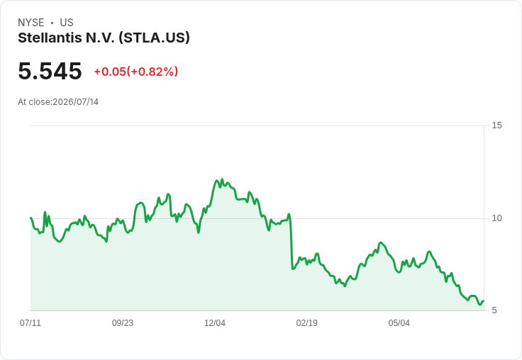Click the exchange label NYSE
click(x=31, y=23)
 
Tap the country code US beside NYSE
click(x=67, y=23)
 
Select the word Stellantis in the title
click(x=50, y=38)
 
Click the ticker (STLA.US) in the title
click(x=154, y=38)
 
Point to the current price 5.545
click(x=50, y=71)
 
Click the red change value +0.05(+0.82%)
click(x=136, y=72)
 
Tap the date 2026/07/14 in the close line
click(x=76, y=102)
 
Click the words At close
click(x=34, y=102)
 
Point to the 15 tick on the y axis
click(x=496, y=125)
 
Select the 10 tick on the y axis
click(x=496, y=218)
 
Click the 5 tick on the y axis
click(x=494, y=310)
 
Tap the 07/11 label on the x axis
click(x=30, y=323)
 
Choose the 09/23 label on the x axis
click(x=123, y=323)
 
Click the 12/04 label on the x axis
click(x=215, y=323)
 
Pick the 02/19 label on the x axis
click(x=307, y=323)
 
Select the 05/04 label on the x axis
click(x=399, y=323)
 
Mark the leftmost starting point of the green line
click(x=31, y=218)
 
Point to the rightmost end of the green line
click(x=484, y=301)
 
